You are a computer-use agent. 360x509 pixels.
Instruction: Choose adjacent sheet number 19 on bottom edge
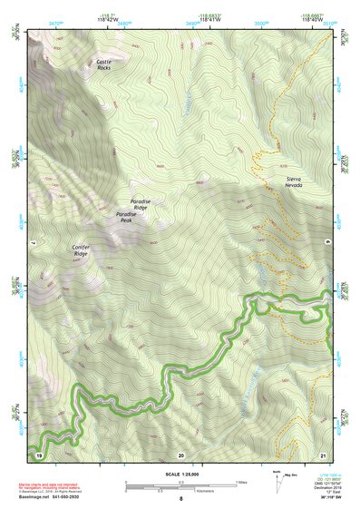click(x=39, y=454)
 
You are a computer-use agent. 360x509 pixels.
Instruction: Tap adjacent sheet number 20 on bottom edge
click(x=180, y=454)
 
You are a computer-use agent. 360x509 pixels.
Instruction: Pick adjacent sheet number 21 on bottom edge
click(x=322, y=454)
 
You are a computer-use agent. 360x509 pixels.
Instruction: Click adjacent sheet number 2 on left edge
click(x=31, y=243)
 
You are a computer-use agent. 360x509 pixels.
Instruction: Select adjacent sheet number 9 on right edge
click(x=329, y=243)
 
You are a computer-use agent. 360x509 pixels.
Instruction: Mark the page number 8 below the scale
click(x=180, y=499)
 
